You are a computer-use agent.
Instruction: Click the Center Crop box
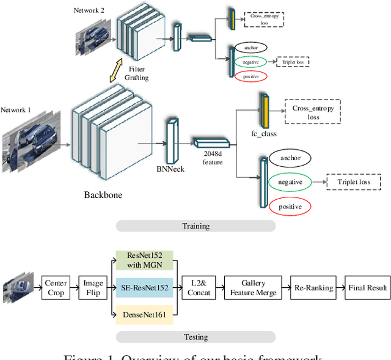56,288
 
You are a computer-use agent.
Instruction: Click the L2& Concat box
199,288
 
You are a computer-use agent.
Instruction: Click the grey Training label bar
195,226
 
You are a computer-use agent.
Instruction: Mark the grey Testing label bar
195,337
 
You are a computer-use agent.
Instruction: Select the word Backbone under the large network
103,195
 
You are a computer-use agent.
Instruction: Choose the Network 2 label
90,10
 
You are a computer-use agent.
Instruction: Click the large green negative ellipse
290,182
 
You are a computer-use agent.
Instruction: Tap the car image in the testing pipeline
16,288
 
